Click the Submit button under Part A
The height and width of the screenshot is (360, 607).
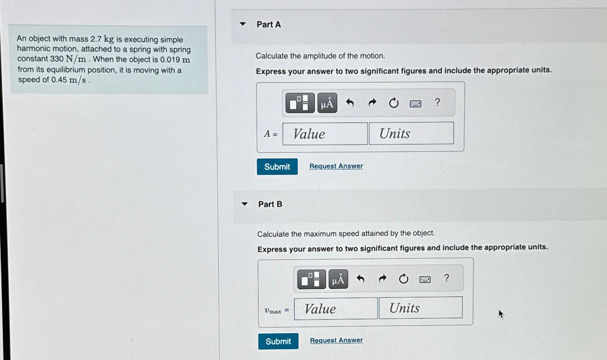click(277, 167)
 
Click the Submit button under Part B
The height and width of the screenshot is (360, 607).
click(278, 341)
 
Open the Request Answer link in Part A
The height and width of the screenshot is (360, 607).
click(336, 166)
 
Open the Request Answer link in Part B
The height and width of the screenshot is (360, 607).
click(336, 340)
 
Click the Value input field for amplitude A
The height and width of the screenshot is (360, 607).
click(325, 134)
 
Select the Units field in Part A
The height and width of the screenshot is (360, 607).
click(411, 133)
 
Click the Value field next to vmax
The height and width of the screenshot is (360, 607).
click(336, 309)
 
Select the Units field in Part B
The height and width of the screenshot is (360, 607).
click(421, 308)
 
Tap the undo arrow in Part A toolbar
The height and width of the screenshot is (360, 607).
click(350, 103)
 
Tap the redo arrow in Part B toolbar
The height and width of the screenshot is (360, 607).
click(382, 279)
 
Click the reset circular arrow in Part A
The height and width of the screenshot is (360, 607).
click(393, 103)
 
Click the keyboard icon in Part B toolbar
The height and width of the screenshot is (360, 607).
click(425, 279)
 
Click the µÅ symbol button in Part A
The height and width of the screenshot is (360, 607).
click(327, 103)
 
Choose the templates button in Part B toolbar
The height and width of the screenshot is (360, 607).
click(311, 279)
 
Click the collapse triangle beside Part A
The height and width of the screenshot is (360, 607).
click(243, 24)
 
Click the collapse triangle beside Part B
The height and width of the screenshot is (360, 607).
click(245, 204)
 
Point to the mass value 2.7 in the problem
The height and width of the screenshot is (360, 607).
click(96, 39)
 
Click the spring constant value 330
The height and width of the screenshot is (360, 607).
click(57, 59)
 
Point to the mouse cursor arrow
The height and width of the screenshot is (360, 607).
click(501, 314)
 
